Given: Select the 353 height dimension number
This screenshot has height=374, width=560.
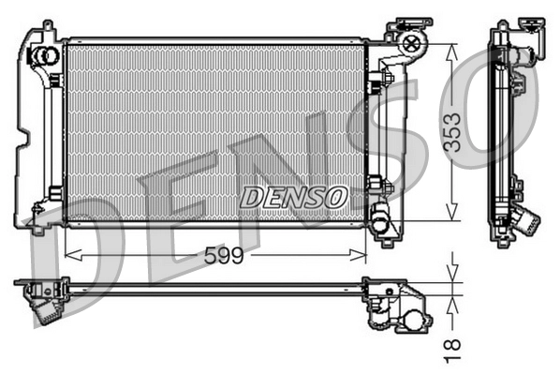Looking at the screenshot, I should coord(452,132).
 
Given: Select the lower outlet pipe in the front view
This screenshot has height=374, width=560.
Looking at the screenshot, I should coord(379,223).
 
